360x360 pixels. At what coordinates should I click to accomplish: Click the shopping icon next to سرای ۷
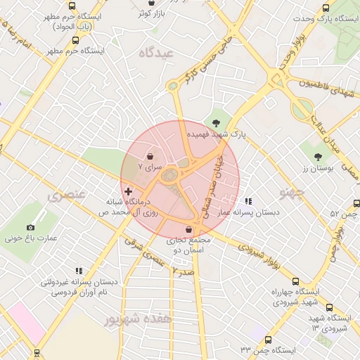151,156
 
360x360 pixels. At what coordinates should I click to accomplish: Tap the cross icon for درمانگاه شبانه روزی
127,191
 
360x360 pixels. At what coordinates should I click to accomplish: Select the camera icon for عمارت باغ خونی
30,227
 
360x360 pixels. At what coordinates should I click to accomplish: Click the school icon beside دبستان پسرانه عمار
247,202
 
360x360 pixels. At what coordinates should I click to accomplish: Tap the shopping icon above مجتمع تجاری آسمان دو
188,229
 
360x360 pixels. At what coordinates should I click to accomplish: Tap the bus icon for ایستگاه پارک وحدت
326,8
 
